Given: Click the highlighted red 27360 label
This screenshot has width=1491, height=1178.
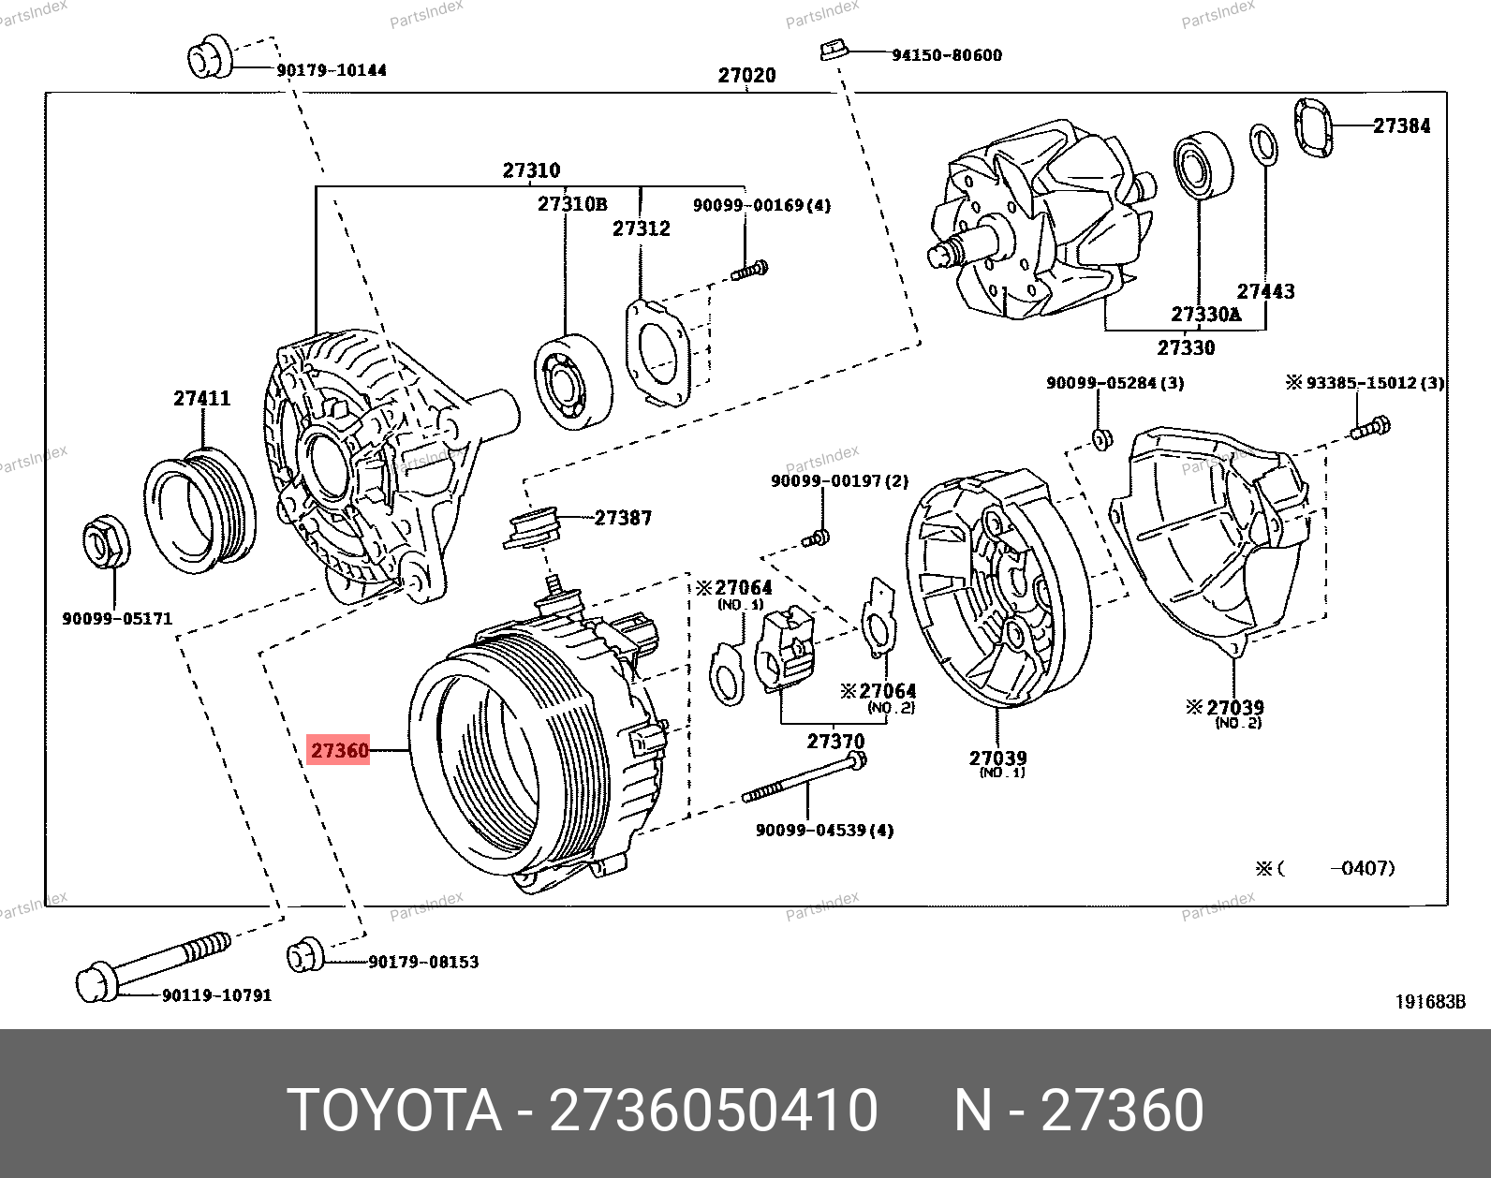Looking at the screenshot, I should (339, 750).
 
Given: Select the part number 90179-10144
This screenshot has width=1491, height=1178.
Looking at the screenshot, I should (332, 70).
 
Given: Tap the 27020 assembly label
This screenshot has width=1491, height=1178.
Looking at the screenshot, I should (746, 75).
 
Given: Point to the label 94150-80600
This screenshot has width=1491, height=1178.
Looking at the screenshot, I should (946, 55).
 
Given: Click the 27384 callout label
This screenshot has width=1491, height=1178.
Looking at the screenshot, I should (1401, 125).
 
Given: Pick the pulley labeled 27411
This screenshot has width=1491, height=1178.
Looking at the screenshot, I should (199, 510).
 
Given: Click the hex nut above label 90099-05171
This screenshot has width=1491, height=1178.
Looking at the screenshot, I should (105, 542).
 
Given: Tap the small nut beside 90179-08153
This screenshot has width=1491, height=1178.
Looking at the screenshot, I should (304, 955).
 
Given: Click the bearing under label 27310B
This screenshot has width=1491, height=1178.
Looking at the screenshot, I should (572, 381).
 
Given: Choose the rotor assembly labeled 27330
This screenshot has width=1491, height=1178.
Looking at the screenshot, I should (1040, 225).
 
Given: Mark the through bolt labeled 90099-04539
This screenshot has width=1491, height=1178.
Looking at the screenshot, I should (804, 777).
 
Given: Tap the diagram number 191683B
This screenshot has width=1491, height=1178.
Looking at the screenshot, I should (1429, 1002).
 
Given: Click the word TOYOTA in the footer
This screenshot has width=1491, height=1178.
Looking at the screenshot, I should (394, 1111).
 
